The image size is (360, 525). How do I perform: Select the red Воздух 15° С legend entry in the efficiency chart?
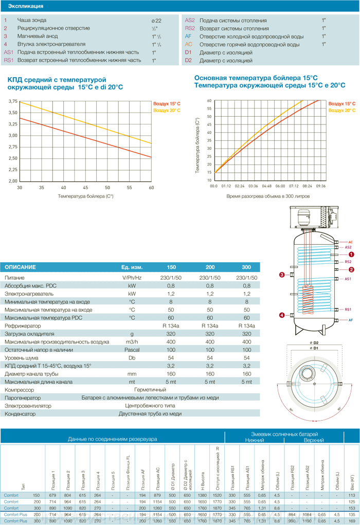point(167,104)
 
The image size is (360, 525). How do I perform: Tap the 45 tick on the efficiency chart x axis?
point(85,188)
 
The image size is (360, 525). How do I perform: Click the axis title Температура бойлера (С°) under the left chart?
point(85,196)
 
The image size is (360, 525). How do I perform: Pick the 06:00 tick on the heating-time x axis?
point(280,186)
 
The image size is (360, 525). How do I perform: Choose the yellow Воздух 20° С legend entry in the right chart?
point(342,111)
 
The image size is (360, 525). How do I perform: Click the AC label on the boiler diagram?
point(350,242)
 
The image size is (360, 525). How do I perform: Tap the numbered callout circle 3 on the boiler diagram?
point(282,275)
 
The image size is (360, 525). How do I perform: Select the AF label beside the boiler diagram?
point(350,320)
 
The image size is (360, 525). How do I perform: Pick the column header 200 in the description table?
point(210,267)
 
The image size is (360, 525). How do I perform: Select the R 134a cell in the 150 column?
point(171,326)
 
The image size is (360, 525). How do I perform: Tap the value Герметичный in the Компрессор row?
point(150,390)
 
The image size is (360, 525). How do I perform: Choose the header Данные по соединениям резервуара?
point(112,439)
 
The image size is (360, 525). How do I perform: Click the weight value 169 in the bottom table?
point(352,521)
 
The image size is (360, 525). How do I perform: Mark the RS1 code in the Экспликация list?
point(9,60)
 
